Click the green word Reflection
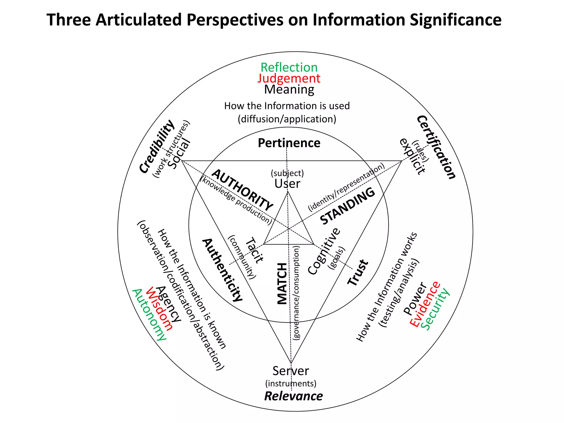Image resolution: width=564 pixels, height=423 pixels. [x=289, y=67]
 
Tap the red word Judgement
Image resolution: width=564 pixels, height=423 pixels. [x=289, y=78]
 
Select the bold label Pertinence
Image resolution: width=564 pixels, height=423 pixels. [x=289, y=143]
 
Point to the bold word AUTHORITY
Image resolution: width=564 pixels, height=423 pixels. [x=242, y=189]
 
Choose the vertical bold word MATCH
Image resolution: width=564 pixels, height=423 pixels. [x=282, y=284]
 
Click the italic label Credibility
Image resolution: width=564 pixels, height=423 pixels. [x=157, y=147]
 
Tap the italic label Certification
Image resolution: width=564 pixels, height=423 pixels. [x=436, y=147]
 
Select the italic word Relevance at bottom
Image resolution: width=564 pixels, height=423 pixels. [x=294, y=396]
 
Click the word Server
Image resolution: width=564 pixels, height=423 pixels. [x=291, y=371]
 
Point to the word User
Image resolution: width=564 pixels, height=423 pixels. [x=287, y=184]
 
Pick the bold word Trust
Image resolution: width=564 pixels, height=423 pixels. [x=357, y=273]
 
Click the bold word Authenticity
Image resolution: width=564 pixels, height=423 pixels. [x=223, y=270]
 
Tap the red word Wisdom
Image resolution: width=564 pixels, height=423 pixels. [x=159, y=309]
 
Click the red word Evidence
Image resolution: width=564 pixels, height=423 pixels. [x=425, y=304]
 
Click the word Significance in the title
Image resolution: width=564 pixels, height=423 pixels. [x=455, y=20]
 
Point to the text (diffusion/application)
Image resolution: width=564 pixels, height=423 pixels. [x=287, y=119]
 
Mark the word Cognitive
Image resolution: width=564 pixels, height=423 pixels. [x=324, y=251]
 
